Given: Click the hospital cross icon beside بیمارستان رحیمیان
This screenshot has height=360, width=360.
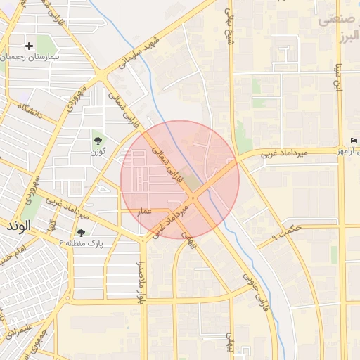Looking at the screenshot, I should point(30,46).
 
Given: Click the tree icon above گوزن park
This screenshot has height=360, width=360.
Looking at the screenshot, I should point(96,141).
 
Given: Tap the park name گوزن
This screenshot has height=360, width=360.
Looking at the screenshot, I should point(98,151).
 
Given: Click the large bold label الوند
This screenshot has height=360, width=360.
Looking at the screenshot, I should point(18,227).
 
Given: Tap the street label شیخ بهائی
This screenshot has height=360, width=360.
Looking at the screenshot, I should point(229,25).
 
